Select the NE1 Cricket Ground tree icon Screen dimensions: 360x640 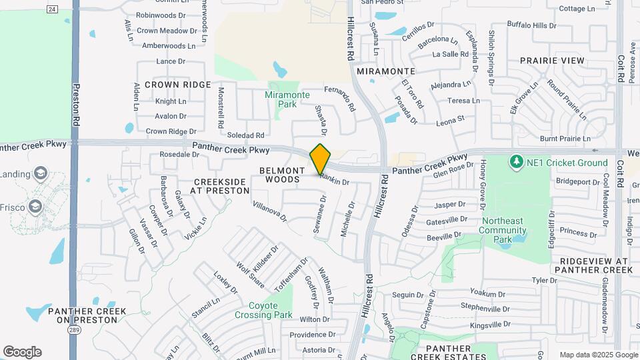(x=515, y=162)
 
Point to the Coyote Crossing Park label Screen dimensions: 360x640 (x=263, y=310)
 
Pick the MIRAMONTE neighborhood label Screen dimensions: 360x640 (x=386, y=71)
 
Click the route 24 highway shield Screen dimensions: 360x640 (x=52, y=8)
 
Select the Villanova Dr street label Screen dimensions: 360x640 (x=269, y=211)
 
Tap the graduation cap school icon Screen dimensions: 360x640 (x=40, y=175)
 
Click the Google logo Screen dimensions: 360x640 (x=22, y=352)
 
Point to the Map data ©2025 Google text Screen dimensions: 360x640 (x=598, y=355)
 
